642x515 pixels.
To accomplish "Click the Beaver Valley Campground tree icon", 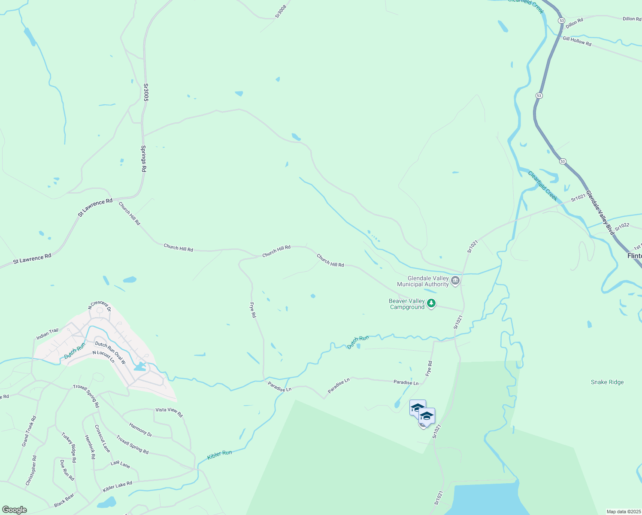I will (x=431, y=304).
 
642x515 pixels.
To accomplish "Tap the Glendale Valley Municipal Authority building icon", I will (x=455, y=281).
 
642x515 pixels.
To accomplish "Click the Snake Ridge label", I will (x=607, y=382).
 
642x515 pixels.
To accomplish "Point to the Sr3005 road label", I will (x=146, y=92).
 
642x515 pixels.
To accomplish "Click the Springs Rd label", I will (x=144, y=159).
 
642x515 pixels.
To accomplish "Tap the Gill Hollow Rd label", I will (x=577, y=41).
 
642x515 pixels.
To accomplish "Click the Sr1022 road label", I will (x=622, y=227).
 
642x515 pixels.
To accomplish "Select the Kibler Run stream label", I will (x=219, y=455).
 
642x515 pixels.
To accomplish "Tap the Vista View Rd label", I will (x=169, y=412).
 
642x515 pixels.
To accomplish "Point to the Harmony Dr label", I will (x=140, y=430).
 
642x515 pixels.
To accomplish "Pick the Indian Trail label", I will (x=47, y=334).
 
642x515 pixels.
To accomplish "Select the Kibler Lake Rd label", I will (x=118, y=487).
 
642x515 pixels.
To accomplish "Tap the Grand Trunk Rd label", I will (x=29, y=431).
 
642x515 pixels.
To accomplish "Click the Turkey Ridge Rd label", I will (x=69, y=447).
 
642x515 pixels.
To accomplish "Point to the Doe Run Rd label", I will (x=67, y=470).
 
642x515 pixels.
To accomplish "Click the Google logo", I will (x=14, y=510).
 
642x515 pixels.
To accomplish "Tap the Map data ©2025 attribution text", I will (x=623, y=512).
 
